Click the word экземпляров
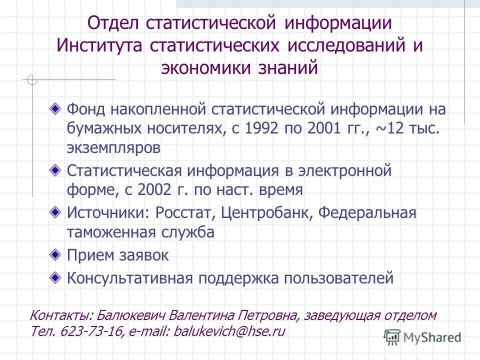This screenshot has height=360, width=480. [114, 148]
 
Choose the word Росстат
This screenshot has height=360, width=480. [185, 212]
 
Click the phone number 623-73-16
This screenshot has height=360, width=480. [92, 331]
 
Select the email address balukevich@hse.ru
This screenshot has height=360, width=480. [229, 331]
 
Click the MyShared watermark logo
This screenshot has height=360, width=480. [422, 336]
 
